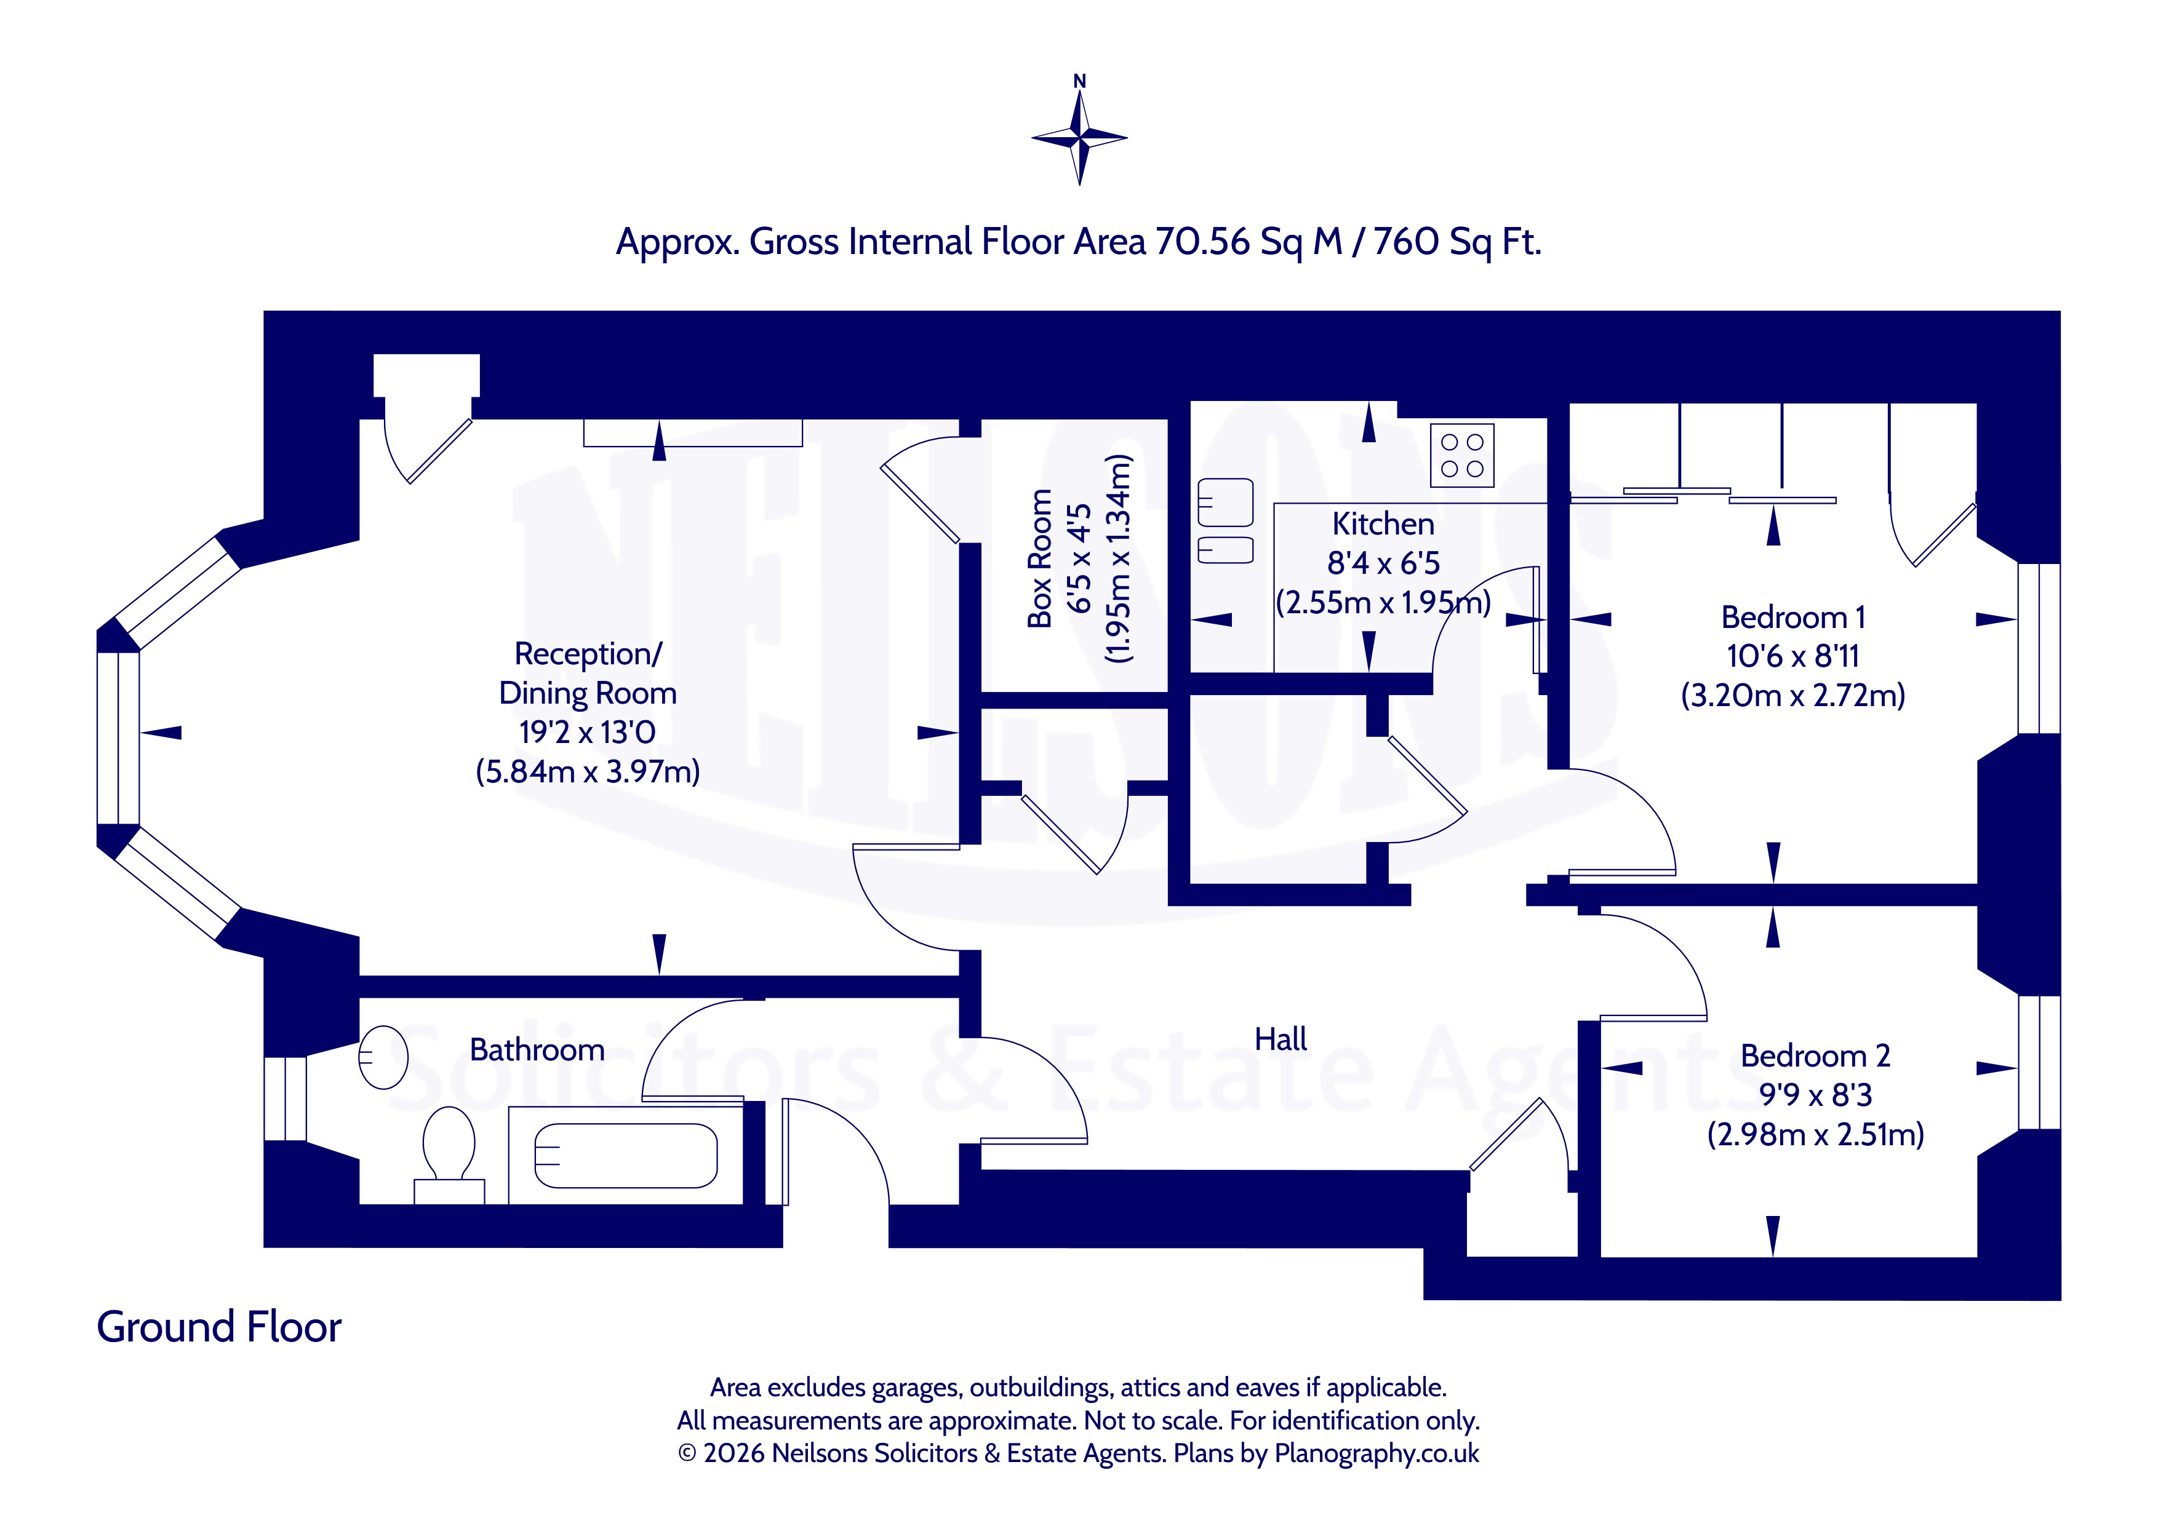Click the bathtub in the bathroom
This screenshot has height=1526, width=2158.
click(x=626, y=1155)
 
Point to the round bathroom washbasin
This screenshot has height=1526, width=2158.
click(x=383, y=1057)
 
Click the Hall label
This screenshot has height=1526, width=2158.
click(x=1280, y=1039)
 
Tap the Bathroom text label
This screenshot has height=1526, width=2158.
click(x=537, y=1049)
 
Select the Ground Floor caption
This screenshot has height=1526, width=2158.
click(x=219, y=1327)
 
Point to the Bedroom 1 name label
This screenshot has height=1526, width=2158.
click(x=1792, y=618)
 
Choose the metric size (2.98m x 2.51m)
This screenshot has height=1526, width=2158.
click(x=1815, y=1134)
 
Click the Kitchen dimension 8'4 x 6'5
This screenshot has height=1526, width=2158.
click(x=1383, y=563)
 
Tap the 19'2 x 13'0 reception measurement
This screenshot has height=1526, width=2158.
click(x=588, y=731)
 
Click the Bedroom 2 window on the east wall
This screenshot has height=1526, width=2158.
click(x=2039, y=1062)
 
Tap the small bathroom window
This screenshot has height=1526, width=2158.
click(x=285, y=1099)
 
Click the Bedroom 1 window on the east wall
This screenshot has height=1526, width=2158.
click(x=2039, y=648)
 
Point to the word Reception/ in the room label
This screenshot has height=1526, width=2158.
click(x=588, y=654)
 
